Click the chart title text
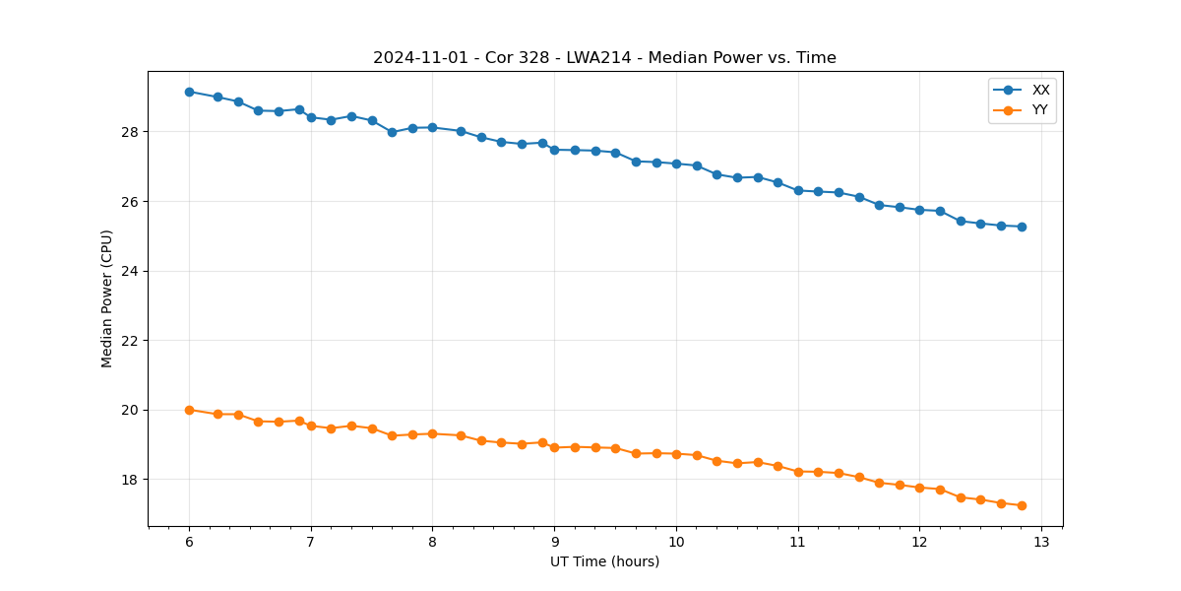click(x=604, y=58)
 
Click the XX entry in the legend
click(x=1040, y=90)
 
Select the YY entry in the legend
click(x=1039, y=110)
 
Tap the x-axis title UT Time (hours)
click(x=604, y=561)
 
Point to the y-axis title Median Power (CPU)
click(x=107, y=298)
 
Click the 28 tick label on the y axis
click(x=132, y=132)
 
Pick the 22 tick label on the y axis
click(x=132, y=341)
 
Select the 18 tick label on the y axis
click(x=132, y=480)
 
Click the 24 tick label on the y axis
click(x=132, y=271)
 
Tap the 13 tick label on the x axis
click(x=1041, y=543)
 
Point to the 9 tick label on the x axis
click(x=554, y=543)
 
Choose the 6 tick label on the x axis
click(x=189, y=543)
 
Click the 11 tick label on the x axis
click(x=798, y=543)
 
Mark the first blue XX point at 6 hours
click(x=189, y=92)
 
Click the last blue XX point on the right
click(x=1022, y=227)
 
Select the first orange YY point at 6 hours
click(x=189, y=410)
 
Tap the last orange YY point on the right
click(x=1022, y=505)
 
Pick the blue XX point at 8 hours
click(x=432, y=127)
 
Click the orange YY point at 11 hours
click(x=798, y=472)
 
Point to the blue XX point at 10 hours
click(x=676, y=164)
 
